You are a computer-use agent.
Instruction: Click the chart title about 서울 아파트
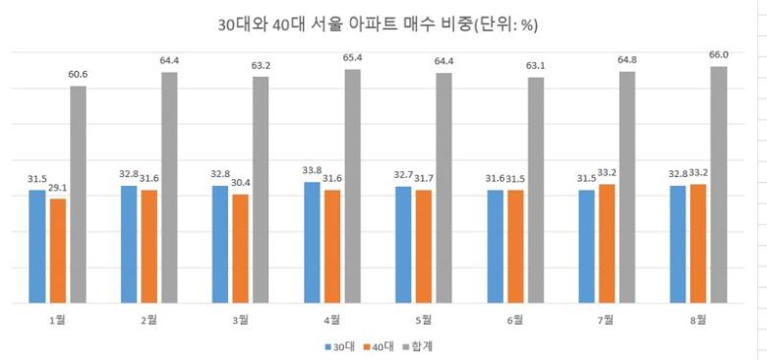pos(383,25)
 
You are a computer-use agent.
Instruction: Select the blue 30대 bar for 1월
pos(37,246)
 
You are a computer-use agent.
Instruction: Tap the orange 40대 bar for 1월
pos(58,251)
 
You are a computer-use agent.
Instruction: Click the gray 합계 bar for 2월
pos(169,187)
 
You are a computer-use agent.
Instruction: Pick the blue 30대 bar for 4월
pos(312,242)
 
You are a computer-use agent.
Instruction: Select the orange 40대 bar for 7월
pos(607,243)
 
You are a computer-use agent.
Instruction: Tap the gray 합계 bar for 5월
pos(444,187)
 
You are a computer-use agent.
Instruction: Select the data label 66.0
pos(719,56)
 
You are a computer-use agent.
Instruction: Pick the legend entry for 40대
pos(382,345)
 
